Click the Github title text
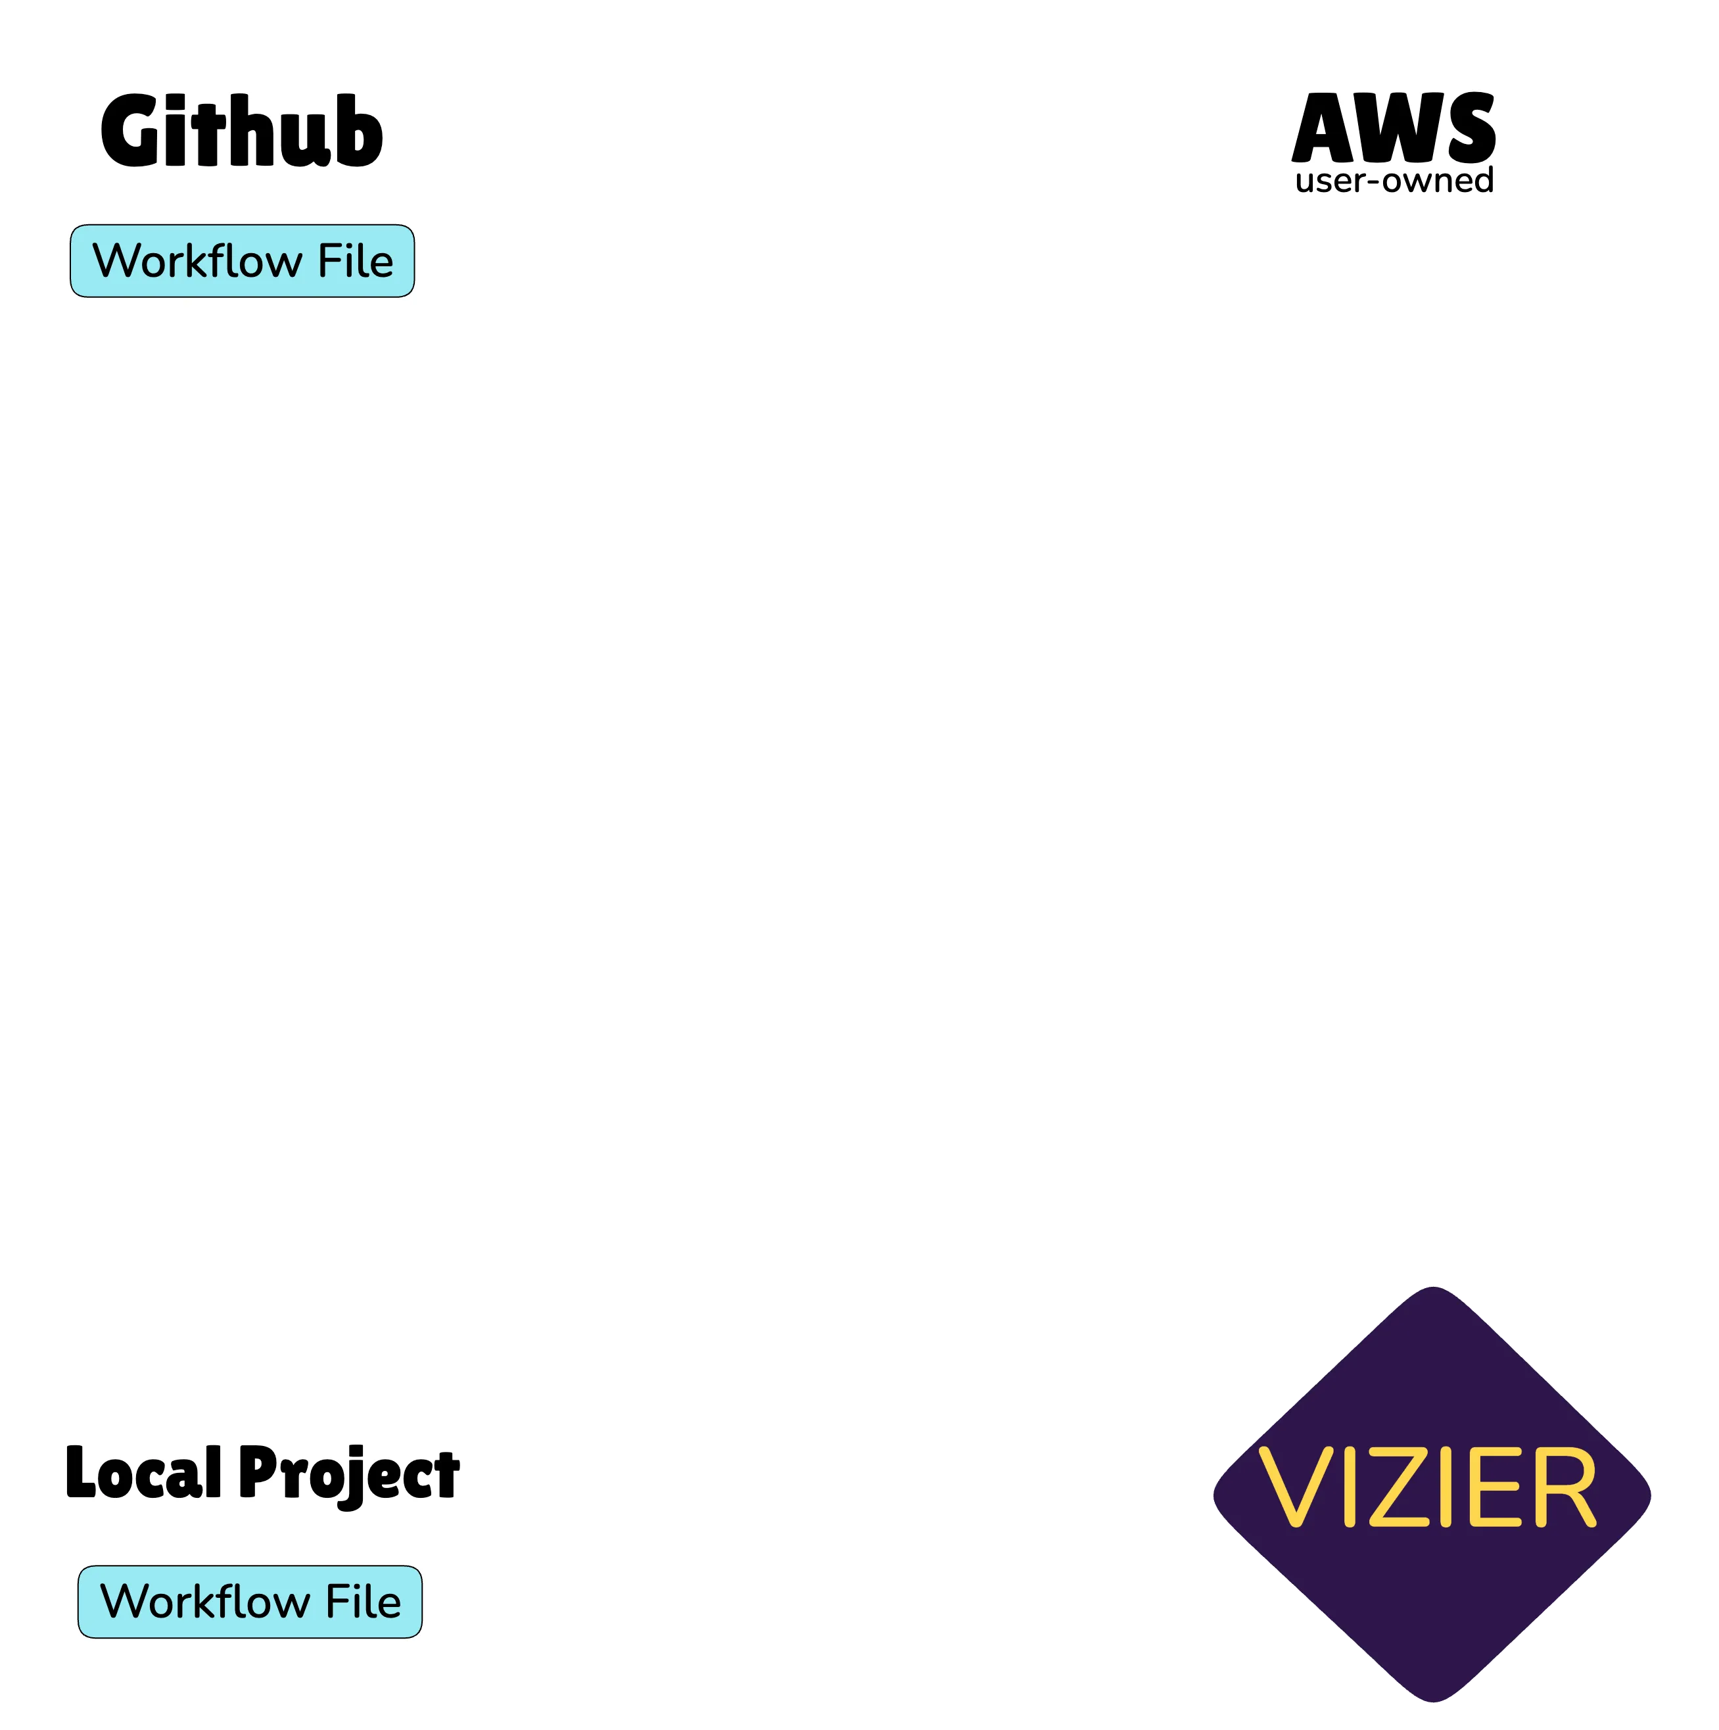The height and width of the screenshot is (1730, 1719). tap(242, 132)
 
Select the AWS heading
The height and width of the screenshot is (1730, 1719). tap(1394, 128)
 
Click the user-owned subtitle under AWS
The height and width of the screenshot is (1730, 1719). tap(1394, 181)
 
